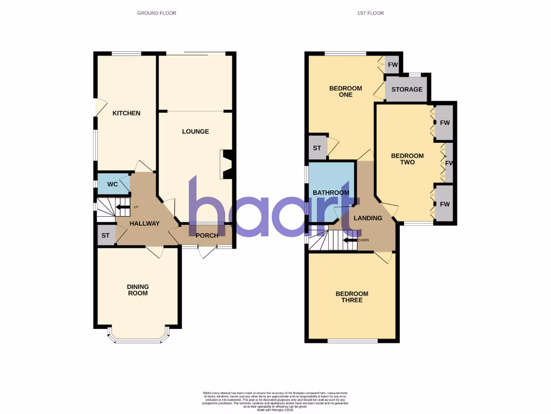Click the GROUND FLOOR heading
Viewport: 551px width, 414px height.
click(156, 13)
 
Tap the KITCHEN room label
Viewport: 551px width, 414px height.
click(126, 113)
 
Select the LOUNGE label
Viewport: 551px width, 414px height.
click(195, 132)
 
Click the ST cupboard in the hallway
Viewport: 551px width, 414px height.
click(105, 236)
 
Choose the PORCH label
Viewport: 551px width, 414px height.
click(207, 235)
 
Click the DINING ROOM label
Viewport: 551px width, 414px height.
click(137, 290)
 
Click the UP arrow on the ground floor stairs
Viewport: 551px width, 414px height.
click(123, 207)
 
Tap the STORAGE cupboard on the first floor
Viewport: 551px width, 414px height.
click(406, 89)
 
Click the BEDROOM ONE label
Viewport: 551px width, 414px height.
click(345, 91)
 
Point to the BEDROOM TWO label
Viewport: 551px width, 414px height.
click(407, 158)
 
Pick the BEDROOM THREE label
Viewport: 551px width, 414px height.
click(352, 296)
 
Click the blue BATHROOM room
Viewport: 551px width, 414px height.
click(331, 192)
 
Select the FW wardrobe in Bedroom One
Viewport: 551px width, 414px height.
click(393, 65)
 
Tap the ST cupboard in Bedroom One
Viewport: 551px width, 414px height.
click(317, 148)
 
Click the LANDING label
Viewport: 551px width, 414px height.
click(368, 218)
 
